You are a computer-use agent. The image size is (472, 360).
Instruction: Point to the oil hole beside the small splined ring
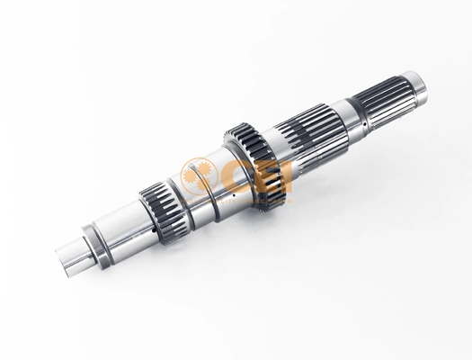pyautogui.click(x=153, y=230)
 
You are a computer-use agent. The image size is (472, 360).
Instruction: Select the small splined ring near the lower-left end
pyautogui.click(x=164, y=211)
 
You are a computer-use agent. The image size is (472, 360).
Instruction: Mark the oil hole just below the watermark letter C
pyautogui.click(x=234, y=195)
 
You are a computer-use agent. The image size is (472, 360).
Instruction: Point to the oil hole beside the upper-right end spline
pyautogui.click(x=364, y=123)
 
